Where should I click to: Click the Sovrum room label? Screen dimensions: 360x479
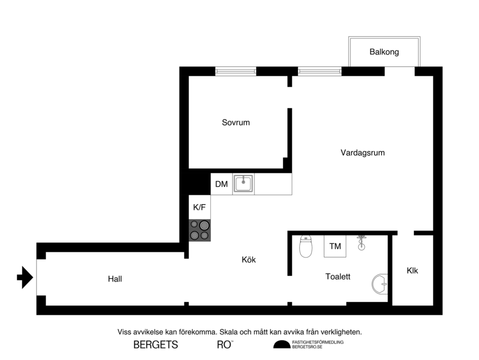236,123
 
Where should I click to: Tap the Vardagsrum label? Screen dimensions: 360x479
363,153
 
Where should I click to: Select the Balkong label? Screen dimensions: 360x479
384,52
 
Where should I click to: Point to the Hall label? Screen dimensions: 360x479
115,279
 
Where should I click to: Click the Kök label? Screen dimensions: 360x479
249,260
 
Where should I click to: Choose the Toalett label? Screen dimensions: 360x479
338,277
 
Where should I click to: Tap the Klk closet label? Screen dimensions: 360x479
412,271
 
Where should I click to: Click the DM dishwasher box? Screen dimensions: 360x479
221,184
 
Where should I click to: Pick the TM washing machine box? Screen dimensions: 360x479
335,246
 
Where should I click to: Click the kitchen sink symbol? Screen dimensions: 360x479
243,184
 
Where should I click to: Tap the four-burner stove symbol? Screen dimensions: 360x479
199,230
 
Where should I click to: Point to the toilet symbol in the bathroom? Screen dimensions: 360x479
305,247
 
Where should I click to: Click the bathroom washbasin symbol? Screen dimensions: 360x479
380,284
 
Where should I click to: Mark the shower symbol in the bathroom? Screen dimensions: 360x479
361,242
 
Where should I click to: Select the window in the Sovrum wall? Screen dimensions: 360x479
235,71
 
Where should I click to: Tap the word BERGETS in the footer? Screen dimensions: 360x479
156,345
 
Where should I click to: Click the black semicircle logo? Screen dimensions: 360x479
282,345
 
